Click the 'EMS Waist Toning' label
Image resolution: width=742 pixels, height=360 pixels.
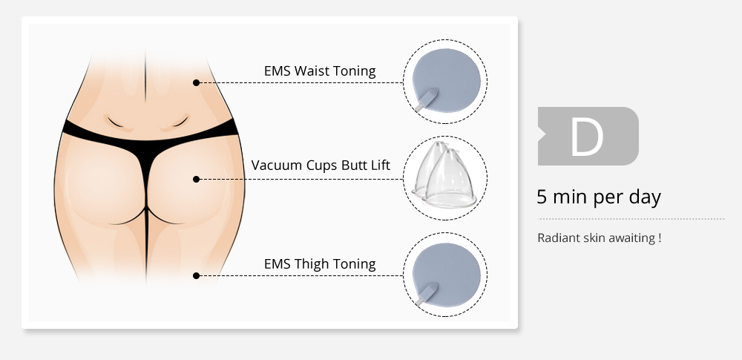click(x=320, y=71)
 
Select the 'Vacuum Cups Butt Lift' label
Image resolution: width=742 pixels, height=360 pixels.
click(x=321, y=166)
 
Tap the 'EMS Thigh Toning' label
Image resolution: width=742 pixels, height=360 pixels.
click(x=320, y=264)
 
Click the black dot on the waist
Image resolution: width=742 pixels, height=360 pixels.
click(x=197, y=83)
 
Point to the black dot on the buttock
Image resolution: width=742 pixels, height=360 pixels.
click(x=197, y=179)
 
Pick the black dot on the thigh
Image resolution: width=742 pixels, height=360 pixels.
click(x=197, y=275)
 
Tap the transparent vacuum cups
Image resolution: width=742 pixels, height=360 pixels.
click(x=444, y=174)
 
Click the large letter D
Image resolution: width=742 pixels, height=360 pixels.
click(x=587, y=137)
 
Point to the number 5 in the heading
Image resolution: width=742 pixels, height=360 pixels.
click(x=542, y=197)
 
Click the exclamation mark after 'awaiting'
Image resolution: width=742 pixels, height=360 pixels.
click(x=659, y=238)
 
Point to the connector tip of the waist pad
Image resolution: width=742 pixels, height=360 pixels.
click(x=418, y=108)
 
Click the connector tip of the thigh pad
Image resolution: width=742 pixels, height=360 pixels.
click(x=418, y=303)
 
